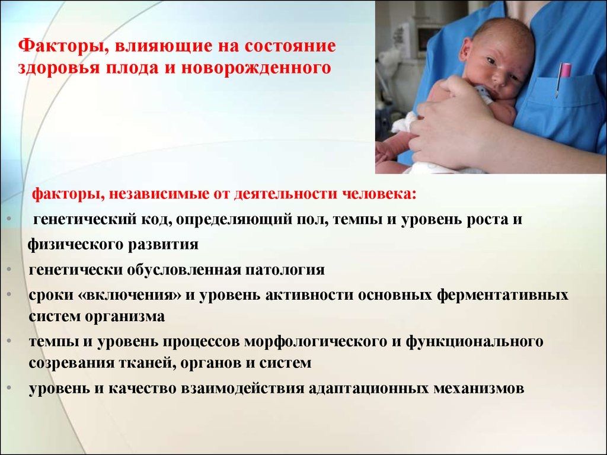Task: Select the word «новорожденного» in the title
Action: click(256, 68)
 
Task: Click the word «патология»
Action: click(285, 270)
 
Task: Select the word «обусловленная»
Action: click(184, 270)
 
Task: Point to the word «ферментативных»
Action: click(503, 295)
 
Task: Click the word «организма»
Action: click(125, 316)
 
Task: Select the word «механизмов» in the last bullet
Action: click(479, 388)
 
